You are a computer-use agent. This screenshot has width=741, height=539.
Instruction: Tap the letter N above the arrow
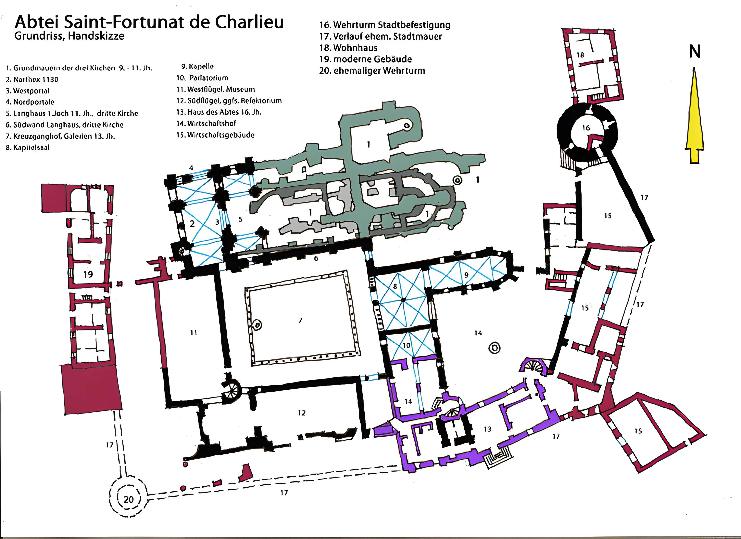point(695,52)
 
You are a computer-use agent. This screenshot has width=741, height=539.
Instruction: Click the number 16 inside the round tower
point(586,128)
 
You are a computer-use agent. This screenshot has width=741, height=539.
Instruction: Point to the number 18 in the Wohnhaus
point(580,55)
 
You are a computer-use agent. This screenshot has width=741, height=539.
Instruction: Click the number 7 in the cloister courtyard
point(300,320)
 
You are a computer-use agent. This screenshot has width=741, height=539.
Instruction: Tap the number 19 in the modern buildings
point(88,274)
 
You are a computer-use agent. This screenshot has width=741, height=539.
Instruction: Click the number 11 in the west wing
point(194,332)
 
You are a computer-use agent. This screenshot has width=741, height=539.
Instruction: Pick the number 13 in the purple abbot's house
point(487,429)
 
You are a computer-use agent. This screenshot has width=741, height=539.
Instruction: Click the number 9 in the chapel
point(466,275)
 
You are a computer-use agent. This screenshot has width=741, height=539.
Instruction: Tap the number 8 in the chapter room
point(395,286)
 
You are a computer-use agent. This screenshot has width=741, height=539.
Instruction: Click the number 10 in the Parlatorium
point(406,345)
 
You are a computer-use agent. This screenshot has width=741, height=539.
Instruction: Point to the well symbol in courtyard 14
point(494,348)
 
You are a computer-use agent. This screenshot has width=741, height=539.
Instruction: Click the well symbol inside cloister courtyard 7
point(257,325)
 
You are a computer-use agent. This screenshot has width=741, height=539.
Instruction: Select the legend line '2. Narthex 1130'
point(32,79)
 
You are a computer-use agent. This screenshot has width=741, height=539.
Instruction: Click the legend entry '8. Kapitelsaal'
point(28,148)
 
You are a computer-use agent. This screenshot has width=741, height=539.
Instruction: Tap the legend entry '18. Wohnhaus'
point(348,48)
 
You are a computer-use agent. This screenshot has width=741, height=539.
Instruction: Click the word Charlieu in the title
point(250,22)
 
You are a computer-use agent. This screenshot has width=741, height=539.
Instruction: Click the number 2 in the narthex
point(192,223)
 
